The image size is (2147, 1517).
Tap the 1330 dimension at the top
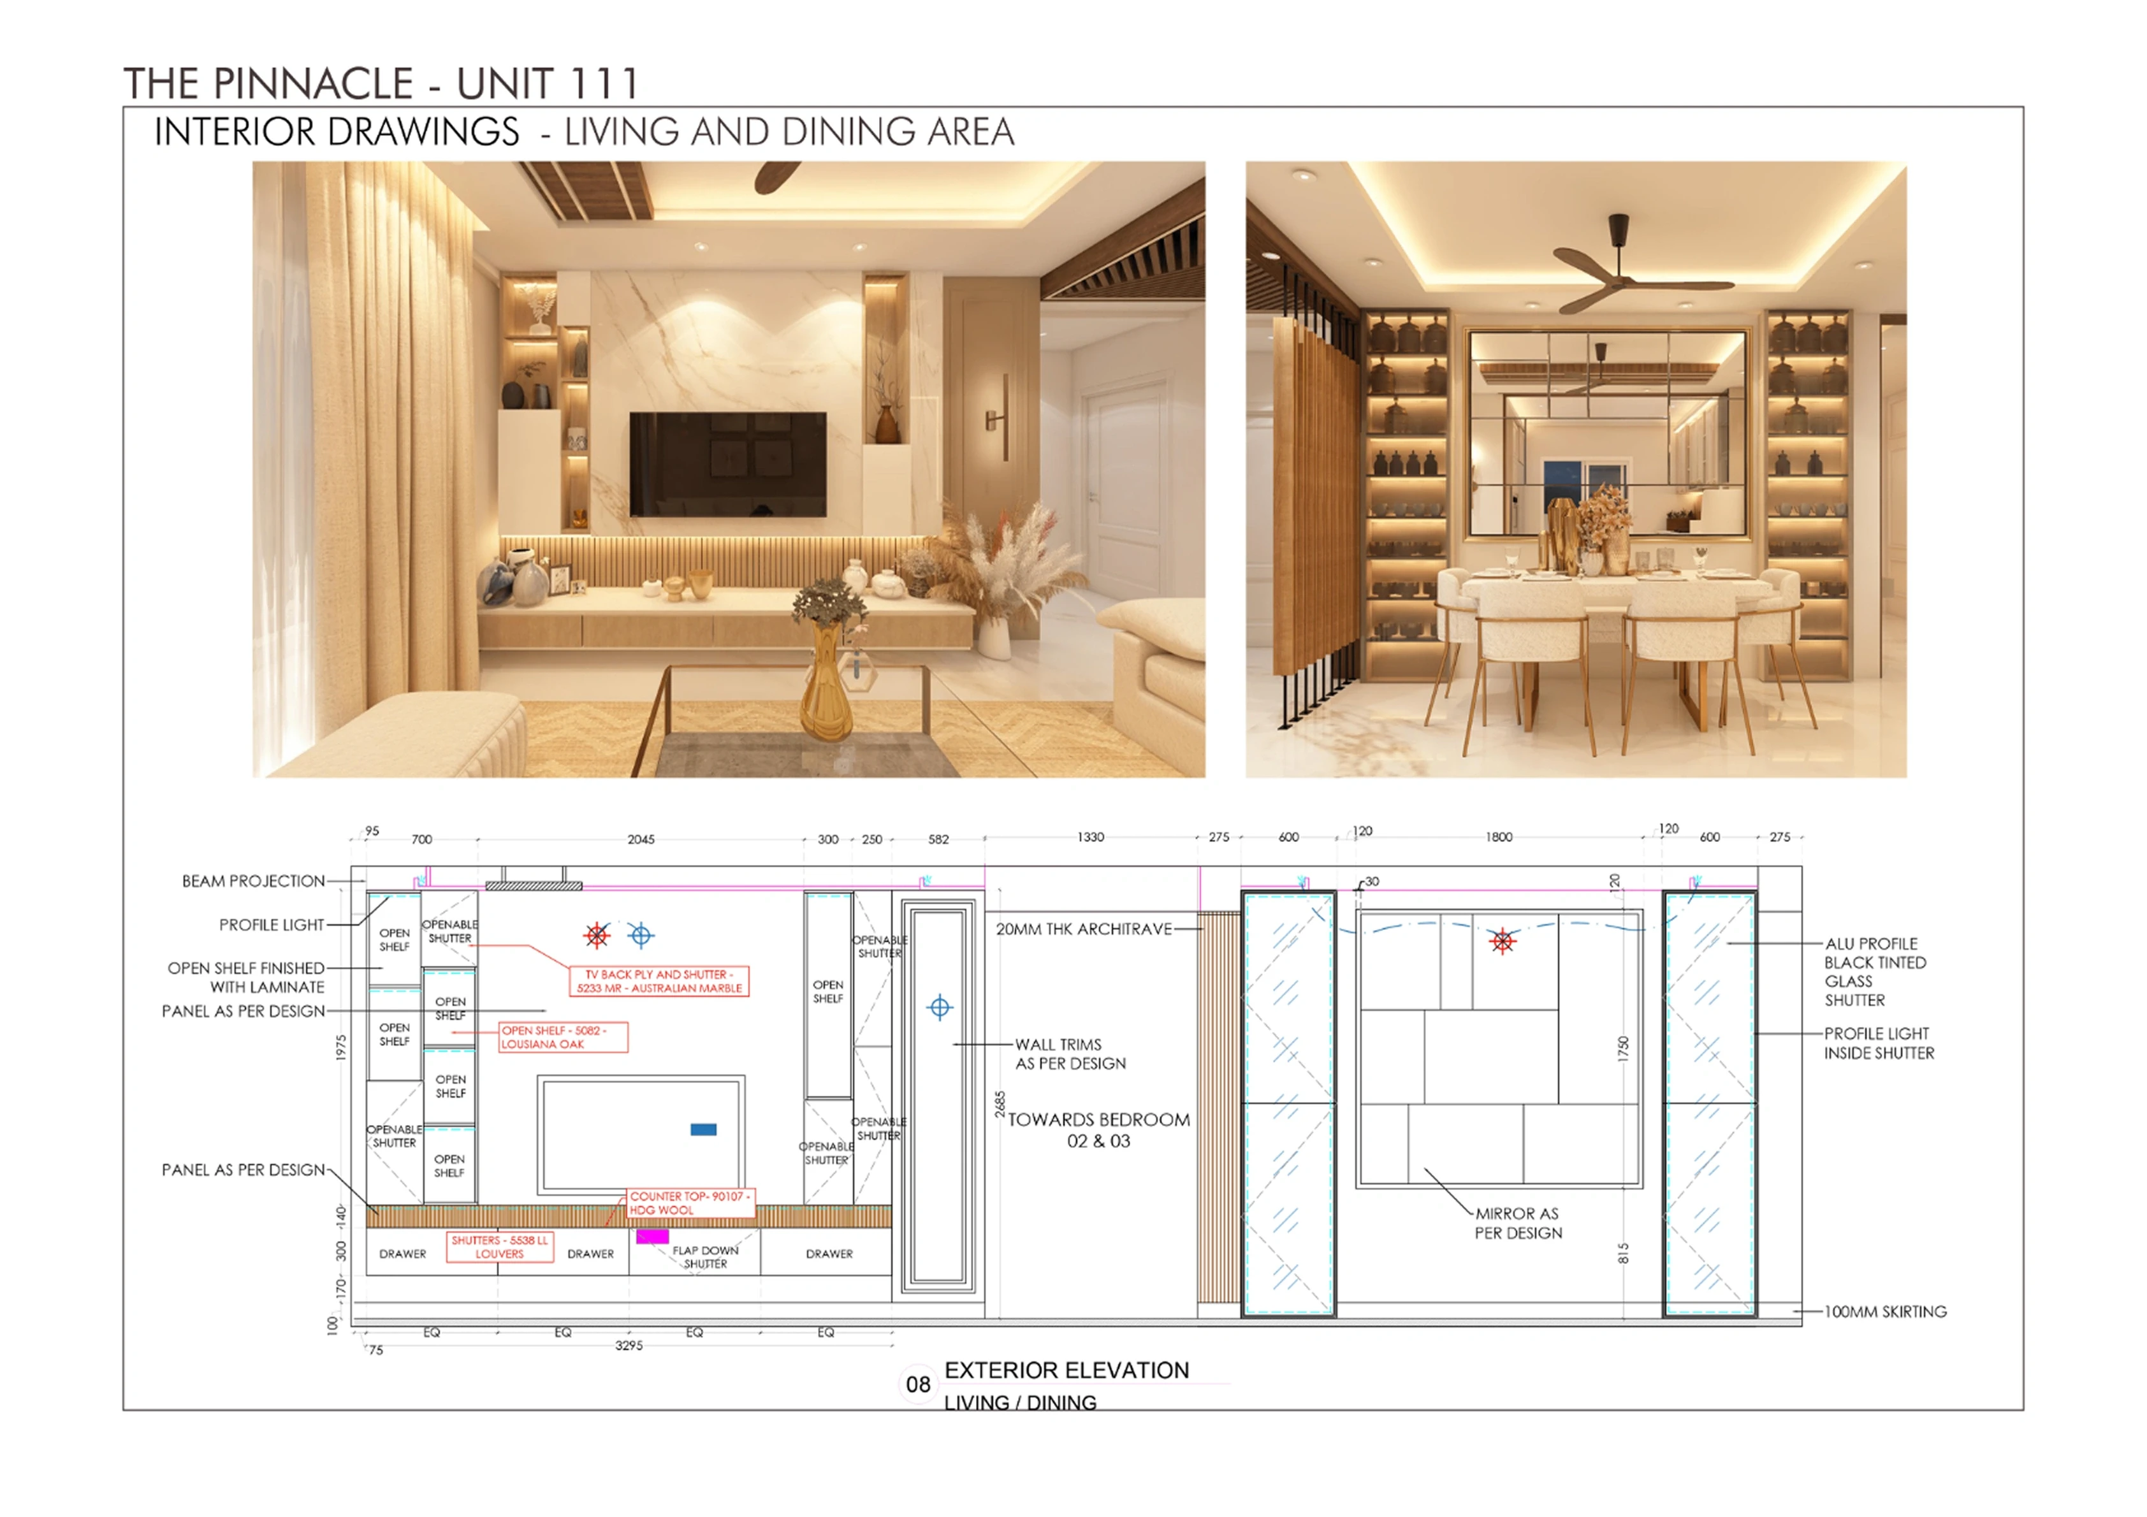[x=1090, y=836]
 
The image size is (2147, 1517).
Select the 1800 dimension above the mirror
[x=1499, y=836]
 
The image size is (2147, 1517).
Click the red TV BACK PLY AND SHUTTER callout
[x=659, y=981]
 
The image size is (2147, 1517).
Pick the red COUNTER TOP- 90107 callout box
[x=690, y=1203]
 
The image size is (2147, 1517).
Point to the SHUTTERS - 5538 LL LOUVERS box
[x=500, y=1247]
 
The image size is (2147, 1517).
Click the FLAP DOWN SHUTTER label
[x=705, y=1257]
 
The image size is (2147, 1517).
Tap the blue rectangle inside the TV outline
[x=703, y=1130]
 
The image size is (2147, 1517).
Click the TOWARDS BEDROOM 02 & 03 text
[x=1099, y=1130]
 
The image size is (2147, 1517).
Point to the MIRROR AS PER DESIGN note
[x=1518, y=1223]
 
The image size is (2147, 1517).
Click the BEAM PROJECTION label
[x=254, y=881]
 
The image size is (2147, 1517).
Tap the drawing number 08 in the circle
[x=918, y=1384]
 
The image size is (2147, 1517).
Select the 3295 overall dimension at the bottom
[x=629, y=1345]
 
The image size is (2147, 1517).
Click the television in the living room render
[x=727, y=464]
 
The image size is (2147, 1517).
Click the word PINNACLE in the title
[x=313, y=83]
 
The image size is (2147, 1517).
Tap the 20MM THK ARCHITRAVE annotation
[x=1084, y=929]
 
